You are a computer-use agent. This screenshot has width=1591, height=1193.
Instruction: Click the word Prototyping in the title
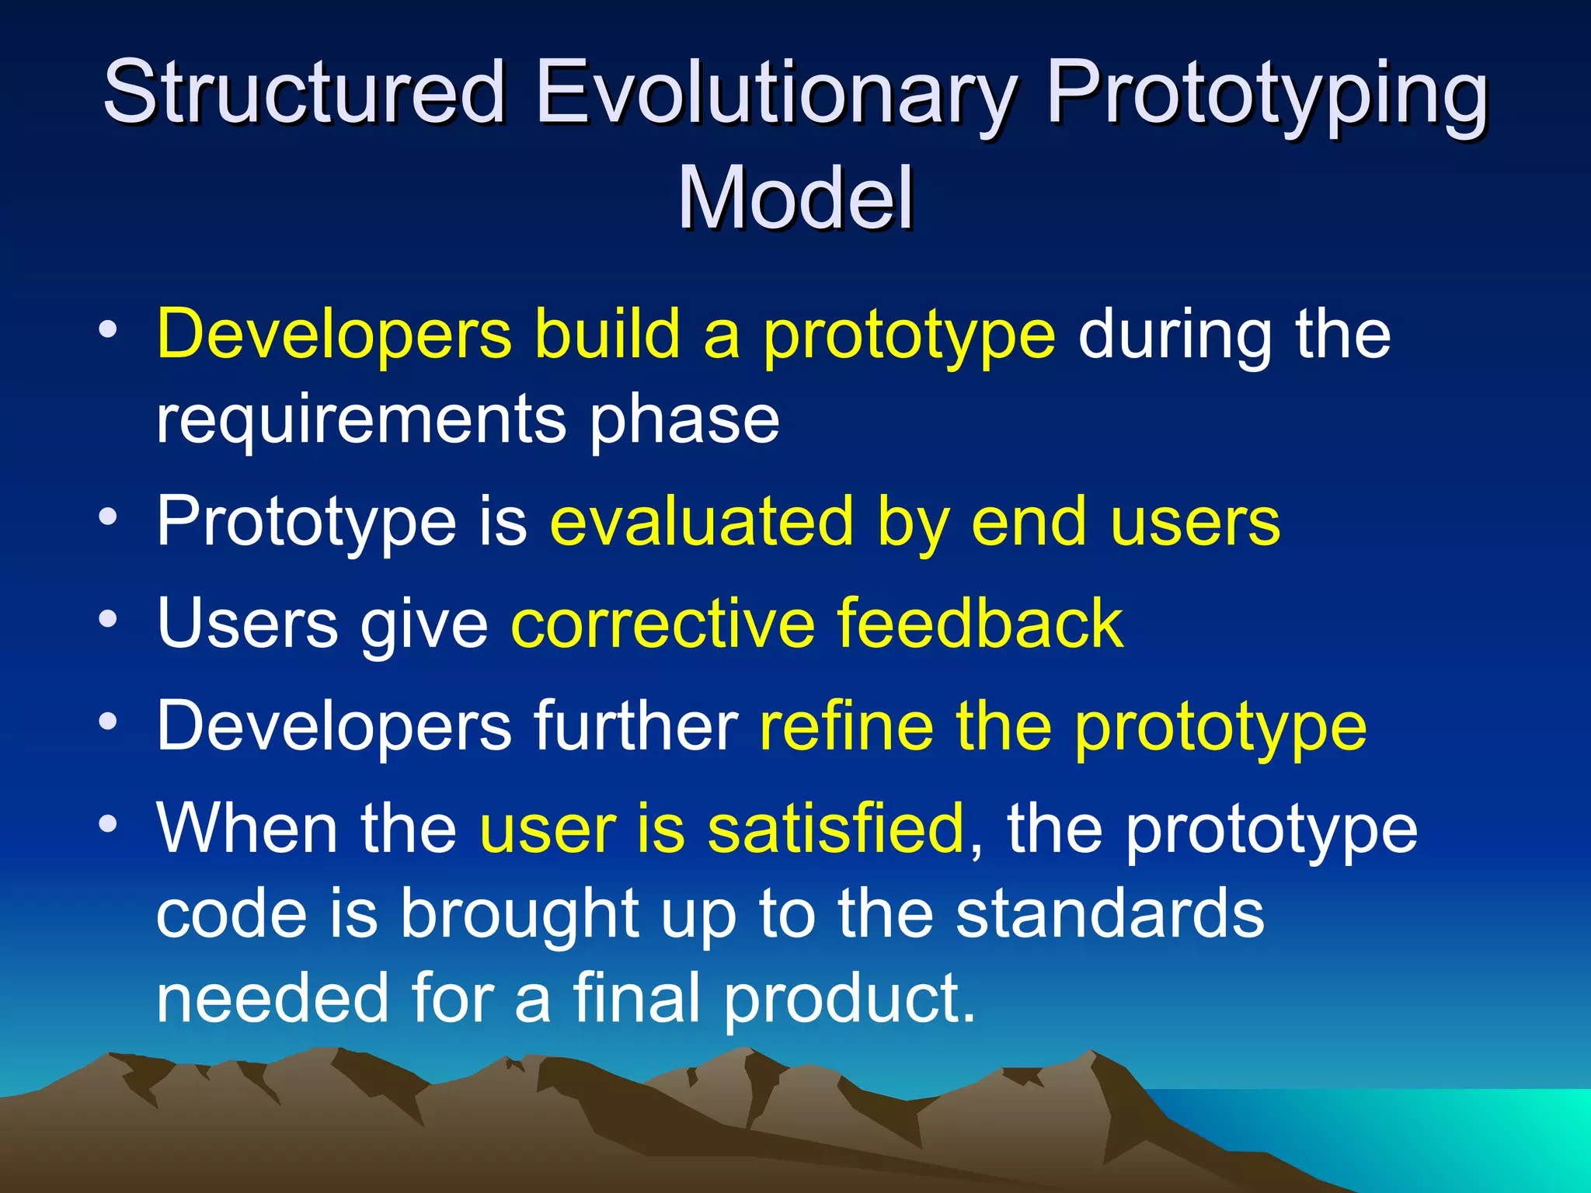[x=1267, y=97]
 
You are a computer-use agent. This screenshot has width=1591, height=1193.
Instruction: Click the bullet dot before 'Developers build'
[x=108, y=330]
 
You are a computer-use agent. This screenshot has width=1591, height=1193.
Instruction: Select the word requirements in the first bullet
[x=360, y=421]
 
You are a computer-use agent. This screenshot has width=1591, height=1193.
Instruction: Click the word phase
[x=684, y=421]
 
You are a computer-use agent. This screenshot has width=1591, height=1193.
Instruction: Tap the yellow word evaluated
[x=702, y=522]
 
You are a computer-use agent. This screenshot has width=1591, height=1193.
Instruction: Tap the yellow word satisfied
[x=835, y=829]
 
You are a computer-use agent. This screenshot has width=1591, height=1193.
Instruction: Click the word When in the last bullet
[x=247, y=829]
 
